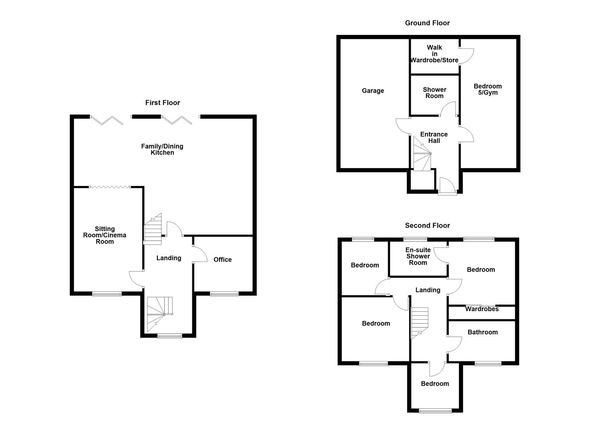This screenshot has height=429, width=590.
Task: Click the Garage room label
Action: (x=373, y=91)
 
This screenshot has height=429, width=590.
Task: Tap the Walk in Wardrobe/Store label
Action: (x=434, y=54)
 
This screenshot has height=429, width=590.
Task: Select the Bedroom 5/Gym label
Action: (x=487, y=89)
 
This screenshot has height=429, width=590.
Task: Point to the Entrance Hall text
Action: (x=434, y=137)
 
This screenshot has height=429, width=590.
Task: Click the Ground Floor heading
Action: (x=427, y=23)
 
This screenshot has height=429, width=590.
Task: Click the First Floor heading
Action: (x=162, y=103)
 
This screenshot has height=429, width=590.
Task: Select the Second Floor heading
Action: (x=427, y=226)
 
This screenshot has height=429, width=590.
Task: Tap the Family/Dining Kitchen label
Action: (x=162, y=149)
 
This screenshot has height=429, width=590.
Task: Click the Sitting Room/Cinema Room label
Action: (x=104, y=235)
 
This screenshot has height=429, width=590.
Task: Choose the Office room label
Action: (x=222, y=260)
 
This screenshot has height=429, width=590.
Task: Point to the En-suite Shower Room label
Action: (x=418, y=256)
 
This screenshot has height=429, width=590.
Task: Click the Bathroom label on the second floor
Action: (x=482, y=332)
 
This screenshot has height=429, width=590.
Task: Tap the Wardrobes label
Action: (x=482, y=309)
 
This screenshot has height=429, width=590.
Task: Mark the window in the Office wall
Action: (x=224, y=294)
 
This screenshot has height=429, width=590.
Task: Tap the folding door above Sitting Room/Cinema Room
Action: (x=110, y=187)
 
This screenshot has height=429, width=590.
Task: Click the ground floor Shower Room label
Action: (x=434, y=93)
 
